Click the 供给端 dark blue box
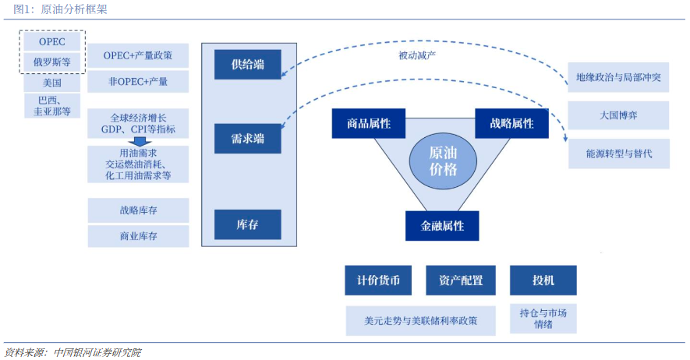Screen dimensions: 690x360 point(248,65)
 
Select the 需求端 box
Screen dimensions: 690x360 point(248,139)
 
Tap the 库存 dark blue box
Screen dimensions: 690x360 point(248,224)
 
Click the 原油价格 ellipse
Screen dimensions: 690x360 point(443,161)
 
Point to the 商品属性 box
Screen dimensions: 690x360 point(369,124)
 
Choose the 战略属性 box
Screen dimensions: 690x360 point(511,124)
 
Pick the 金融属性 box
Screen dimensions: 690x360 point(442,226)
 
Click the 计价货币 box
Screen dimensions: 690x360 point(378,280)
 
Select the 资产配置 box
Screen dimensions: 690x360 point(461,280)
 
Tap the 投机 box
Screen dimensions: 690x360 point(543,280)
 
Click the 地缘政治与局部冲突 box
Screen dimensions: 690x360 point(618,77)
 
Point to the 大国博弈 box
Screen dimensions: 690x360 point(618,115)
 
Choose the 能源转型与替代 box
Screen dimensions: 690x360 point(619,154)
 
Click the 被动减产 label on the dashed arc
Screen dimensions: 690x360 point(417,55)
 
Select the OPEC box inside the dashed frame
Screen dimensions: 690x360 point(52,42)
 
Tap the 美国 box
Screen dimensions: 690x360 point(52,83)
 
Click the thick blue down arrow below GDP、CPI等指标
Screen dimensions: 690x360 point(140,142)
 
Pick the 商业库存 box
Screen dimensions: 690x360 point(138,236)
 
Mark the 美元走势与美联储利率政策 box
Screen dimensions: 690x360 point(421,321)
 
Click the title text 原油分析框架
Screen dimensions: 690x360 point(74,9)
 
